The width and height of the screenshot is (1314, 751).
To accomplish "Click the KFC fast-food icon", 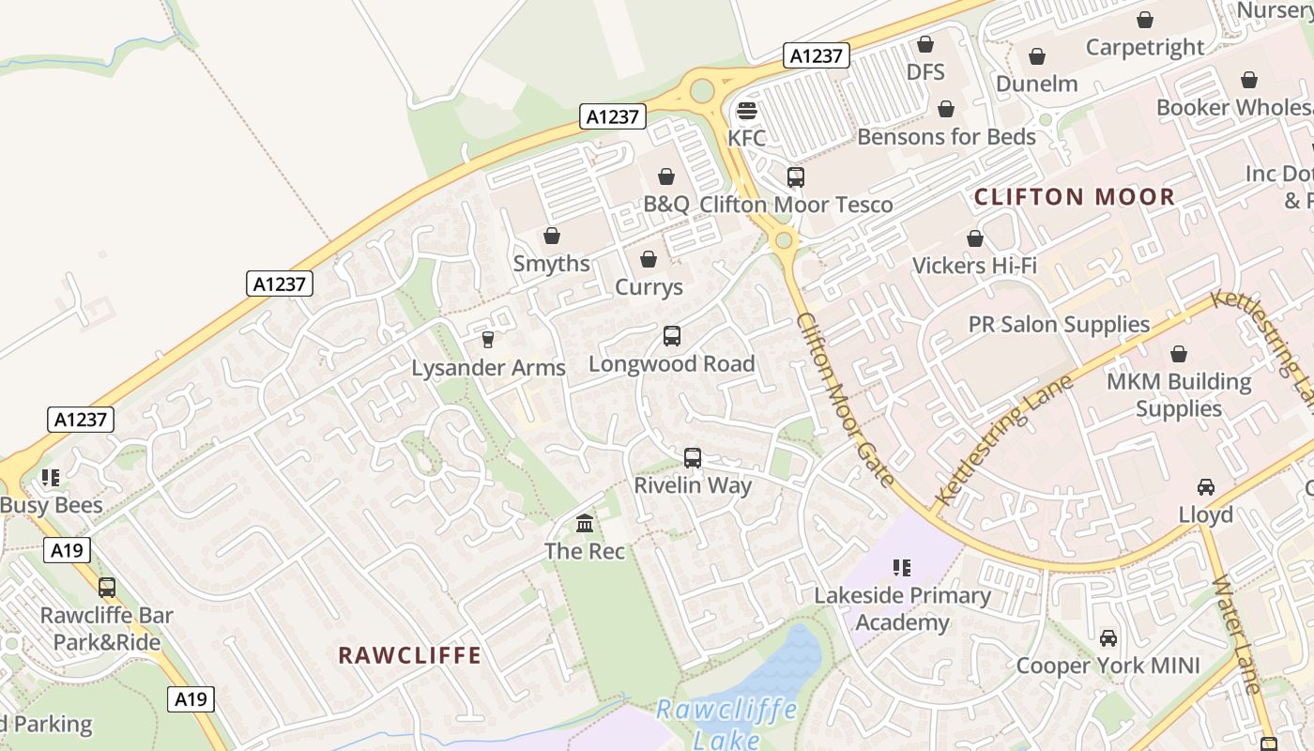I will point(746,111).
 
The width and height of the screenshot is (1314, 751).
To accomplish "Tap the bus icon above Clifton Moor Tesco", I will point(795,176).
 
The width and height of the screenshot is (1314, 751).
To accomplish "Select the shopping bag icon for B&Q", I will point(665,176).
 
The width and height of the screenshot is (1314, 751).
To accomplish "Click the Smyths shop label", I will point(551,264).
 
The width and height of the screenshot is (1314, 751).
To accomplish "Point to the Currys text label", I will point(649,287).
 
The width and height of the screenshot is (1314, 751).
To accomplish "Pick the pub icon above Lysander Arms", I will point(487,339).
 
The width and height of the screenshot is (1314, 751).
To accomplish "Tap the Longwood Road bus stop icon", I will point(671,335).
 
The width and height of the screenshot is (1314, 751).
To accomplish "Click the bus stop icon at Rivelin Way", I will point(692,457).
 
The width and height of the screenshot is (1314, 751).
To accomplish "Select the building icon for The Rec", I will point(585,522).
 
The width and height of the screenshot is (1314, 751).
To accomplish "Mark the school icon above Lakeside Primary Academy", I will point(901,567).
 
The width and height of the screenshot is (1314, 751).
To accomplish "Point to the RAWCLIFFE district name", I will point(409,655).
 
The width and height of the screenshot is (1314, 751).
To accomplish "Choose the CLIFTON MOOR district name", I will point(1074,197).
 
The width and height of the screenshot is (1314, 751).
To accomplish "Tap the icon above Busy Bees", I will point(50,477).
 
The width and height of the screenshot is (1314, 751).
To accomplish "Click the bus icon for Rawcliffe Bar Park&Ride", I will point(107,588).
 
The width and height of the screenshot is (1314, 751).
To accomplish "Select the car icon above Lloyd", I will point(1205,486).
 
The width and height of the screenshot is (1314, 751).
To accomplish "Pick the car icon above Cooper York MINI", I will point(1108,637).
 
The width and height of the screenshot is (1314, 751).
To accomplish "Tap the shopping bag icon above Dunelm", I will point(1036,56).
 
